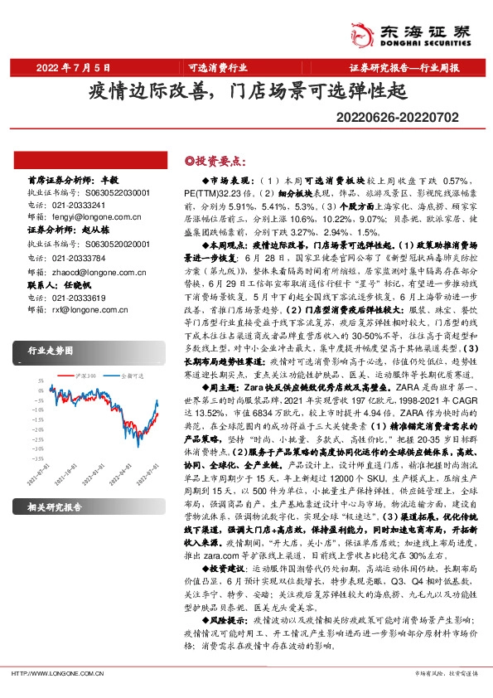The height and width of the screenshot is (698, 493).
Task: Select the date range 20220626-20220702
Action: tap(417, 120)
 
